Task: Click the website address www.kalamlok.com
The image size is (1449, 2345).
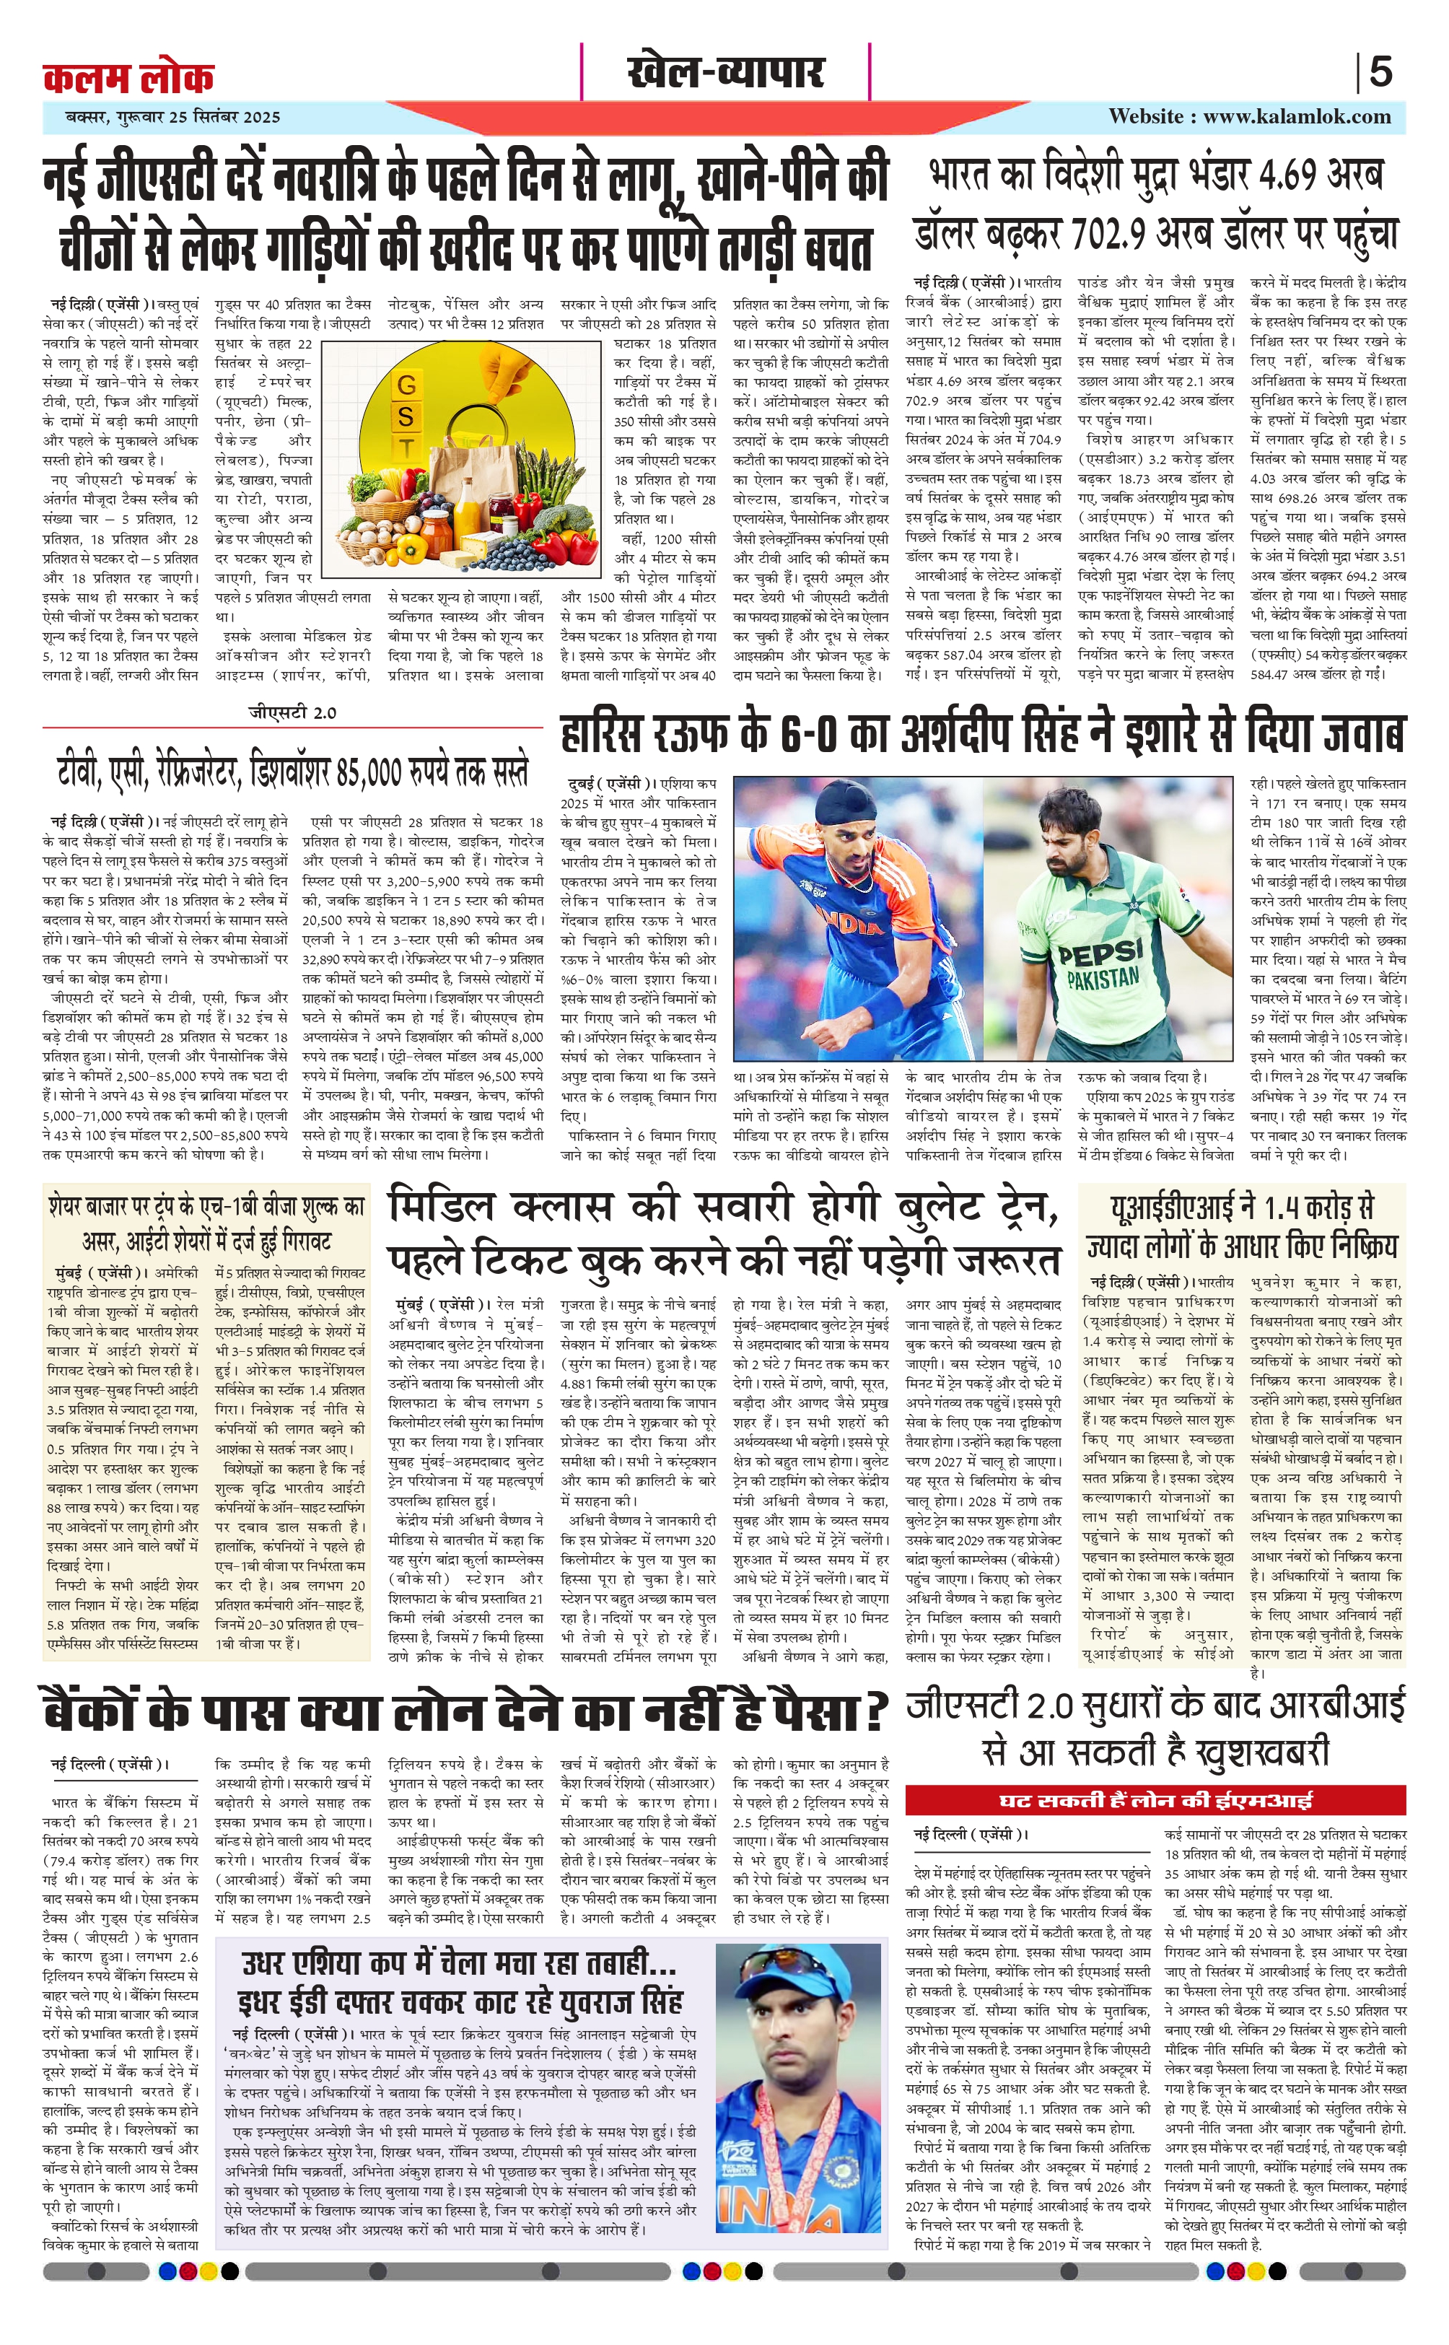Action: pos(1297,117)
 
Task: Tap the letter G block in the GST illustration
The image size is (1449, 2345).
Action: pos(406,385)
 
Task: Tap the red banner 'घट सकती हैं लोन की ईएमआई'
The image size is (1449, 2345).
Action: pos(1155,1799)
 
